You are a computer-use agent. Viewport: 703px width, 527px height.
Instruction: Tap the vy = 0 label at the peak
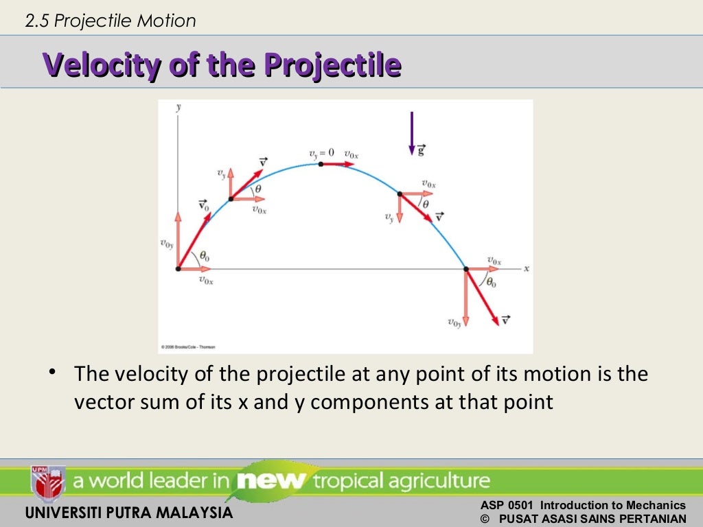coord(322,153)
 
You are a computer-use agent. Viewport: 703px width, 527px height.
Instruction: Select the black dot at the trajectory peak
coord(321,164)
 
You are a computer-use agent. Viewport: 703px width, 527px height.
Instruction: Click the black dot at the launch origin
coord(178,269)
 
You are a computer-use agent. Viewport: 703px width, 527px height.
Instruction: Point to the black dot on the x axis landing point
coord(466,269)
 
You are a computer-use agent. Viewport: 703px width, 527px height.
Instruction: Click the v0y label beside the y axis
coord(166,243)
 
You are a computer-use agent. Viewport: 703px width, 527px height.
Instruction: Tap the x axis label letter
coord(527,268)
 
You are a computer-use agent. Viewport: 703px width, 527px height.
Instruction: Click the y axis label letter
coord(178,108)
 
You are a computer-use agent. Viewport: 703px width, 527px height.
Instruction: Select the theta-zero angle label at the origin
coord(204,257)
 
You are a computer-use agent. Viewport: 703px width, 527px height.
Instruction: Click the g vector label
coord(421,149)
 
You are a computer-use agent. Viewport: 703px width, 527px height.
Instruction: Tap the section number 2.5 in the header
coord(38,21)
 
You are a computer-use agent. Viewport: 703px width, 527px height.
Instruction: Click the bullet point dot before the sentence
coord(52,373)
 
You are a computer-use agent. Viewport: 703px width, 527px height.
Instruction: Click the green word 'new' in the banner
coord(270,480)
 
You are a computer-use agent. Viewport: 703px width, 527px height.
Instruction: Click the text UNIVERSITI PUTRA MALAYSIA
coord(128,513)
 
